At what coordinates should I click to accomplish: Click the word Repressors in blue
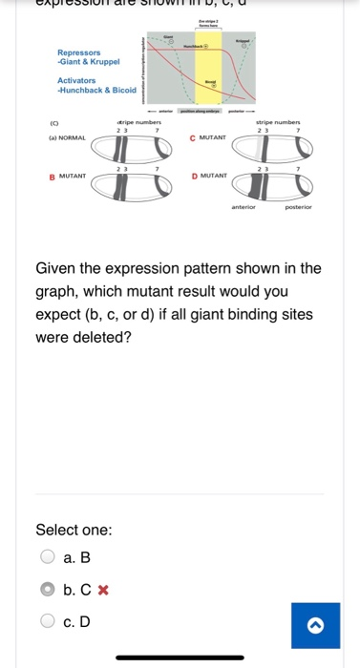[x=78, y=52]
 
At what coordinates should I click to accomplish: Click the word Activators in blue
[x=76, y=81]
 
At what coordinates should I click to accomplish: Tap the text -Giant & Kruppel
[x=89, y=61]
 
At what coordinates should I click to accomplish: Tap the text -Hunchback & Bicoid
[x=96, y=90]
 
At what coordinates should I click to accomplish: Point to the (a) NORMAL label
[x=69, y=137]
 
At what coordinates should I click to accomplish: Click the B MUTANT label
[x=68, y=176]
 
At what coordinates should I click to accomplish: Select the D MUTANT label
[x=208, y=176]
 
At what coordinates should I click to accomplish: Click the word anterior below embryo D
[x=244, y=205]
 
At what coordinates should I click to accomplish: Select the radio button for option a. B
[x=47, y=557]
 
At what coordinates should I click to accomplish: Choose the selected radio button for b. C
[x=47, y=590]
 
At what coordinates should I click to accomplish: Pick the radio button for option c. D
[x=47, y=621]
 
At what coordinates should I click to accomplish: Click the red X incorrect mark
[x=103, y=590]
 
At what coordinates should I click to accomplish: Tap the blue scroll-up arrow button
[x=315, y=625]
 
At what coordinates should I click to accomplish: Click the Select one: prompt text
[x=74, y=530]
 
